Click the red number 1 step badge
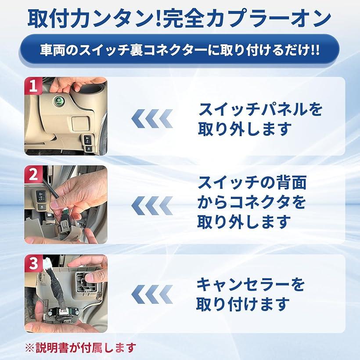tap(33, 86)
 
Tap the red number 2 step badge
tap(33, 174)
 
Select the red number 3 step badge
tap(33, 263)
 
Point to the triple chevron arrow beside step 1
tap(152, 119)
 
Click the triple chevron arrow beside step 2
tap(152, 205)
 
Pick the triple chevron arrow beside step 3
tap(152, 294)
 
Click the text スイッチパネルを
tap(260, 109)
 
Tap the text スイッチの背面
tap(252, 183)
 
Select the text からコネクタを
tap(252, 202)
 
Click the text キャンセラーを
tap(251, 284)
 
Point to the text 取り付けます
tap(243, 304)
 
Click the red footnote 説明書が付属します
tap(86, 348)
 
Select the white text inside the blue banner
tap(180, 50)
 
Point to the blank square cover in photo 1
tap(80, 123)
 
